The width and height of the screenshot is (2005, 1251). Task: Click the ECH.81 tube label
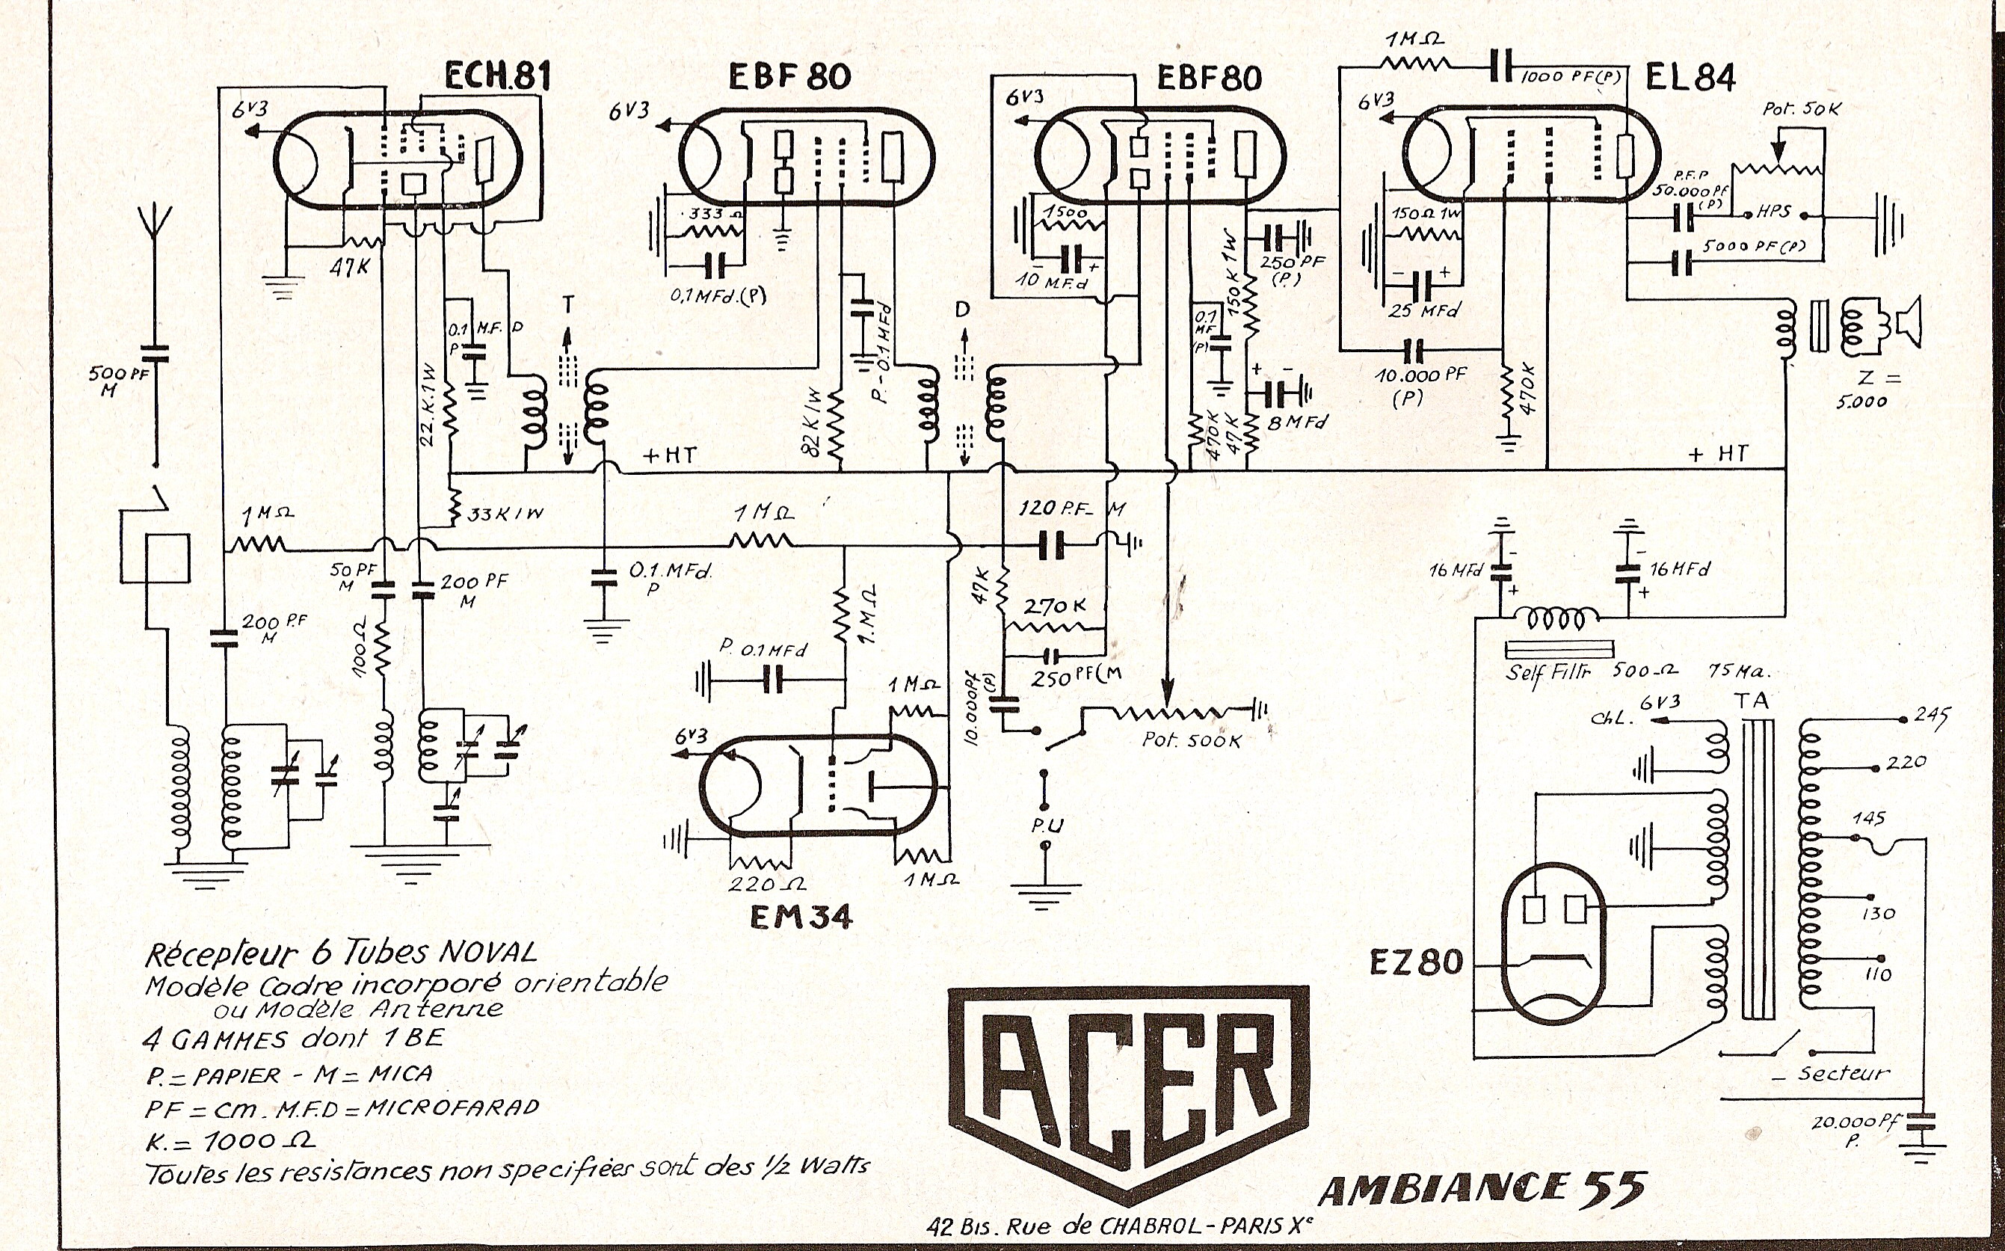pyautogui.click(x=497, y=77)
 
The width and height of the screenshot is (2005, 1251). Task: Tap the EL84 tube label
pyautogui.click(x=1690, y=77)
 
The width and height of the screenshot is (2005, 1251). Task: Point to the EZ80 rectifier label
pyautogui.click(x=1415, y=962)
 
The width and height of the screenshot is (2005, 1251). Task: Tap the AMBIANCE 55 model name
pyautogui.click(x=1481, y=1189)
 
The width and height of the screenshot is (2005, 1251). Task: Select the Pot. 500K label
pyautogui.click(x=1191, y=740)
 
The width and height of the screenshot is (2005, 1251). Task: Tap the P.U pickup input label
pyautogui.click(x=1047, y=825)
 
